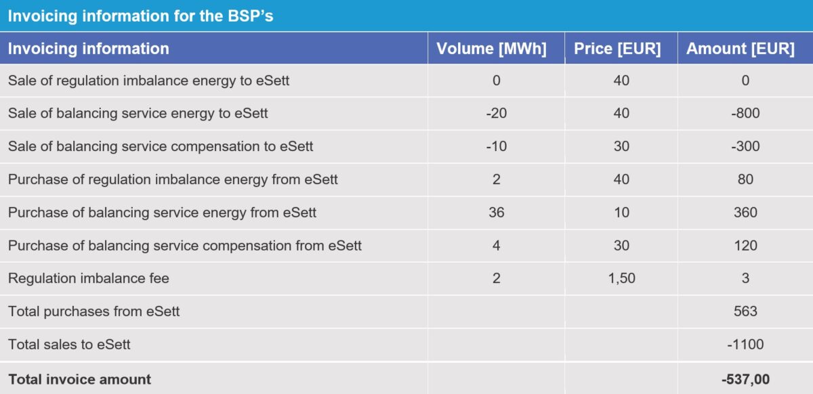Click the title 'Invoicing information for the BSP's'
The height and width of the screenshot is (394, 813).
point(140,16)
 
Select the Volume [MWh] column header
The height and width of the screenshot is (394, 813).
point(491,49)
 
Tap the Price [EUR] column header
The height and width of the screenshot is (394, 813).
point(617,49)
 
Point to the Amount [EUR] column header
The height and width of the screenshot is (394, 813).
point(741,49)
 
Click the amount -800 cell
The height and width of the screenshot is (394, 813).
point(745,113)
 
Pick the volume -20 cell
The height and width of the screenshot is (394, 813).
point(497,113)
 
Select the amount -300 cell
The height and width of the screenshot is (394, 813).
point(745,146)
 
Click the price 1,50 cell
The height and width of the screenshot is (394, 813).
point(622,278)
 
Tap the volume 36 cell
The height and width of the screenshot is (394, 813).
point(497,213)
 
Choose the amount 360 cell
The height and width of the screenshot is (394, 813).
point(745,213)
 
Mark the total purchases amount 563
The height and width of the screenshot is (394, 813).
point(745,311)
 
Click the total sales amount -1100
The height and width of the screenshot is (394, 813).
point(745,345)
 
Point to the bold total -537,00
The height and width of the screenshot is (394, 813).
point(745,379)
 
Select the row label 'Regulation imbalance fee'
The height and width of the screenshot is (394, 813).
point(89,278)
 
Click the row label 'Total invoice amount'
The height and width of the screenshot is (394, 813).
point(79,379)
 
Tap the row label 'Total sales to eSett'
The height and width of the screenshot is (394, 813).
point(69,345)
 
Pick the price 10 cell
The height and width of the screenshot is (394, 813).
point(622,213)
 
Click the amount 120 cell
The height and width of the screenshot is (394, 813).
point(745,246)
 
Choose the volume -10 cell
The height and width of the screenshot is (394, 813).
point(497,146)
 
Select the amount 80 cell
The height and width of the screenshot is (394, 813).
point(745,179)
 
